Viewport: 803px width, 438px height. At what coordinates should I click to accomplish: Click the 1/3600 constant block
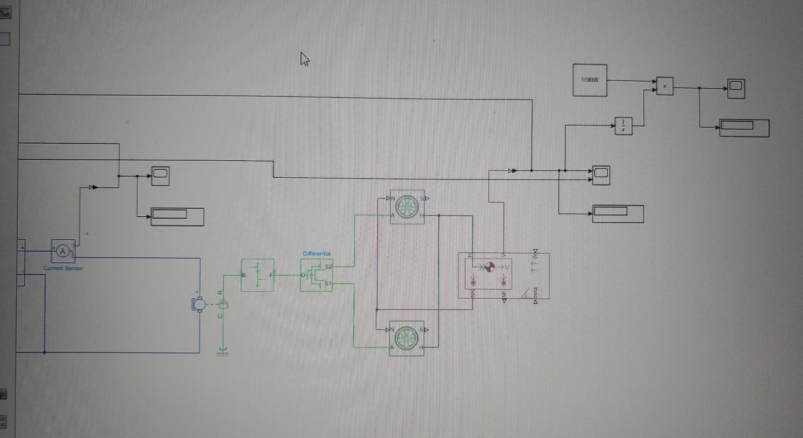tap(590, 80)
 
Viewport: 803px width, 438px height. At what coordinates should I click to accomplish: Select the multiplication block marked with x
tap(665, 86)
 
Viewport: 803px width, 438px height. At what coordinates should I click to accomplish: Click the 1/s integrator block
tap(624, 126)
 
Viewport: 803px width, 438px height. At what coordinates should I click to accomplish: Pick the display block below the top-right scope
tap(744, 128)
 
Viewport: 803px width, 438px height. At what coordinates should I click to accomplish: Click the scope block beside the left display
tap(160, 176)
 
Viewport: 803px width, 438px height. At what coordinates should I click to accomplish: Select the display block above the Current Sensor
tap(177, 217)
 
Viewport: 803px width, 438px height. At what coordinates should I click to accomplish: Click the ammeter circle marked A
tap(63, 251)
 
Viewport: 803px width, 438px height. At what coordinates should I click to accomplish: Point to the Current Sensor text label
tap(64, 268)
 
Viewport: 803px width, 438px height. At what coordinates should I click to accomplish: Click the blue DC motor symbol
tap(198, 304)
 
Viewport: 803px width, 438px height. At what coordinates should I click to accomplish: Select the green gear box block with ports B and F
tap(258, 275)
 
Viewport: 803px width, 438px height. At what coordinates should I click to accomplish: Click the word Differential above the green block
tap(317, 254)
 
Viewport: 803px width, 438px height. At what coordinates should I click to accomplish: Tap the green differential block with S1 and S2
tap(317, 275)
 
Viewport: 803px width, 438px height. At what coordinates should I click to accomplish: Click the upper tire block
tap(407, 207)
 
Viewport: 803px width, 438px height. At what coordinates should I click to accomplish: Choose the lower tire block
tap(407, 338)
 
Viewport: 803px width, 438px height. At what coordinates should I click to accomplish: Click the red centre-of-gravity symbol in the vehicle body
tap(489, 267)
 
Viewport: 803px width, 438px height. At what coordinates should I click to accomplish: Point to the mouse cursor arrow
tap(304, 59)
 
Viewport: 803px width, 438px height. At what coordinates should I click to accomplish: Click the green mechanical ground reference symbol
tap(223, 352)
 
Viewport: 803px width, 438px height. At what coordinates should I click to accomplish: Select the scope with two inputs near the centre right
tap(601, 175)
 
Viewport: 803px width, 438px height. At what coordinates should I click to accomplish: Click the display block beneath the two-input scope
tap(618, 214)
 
